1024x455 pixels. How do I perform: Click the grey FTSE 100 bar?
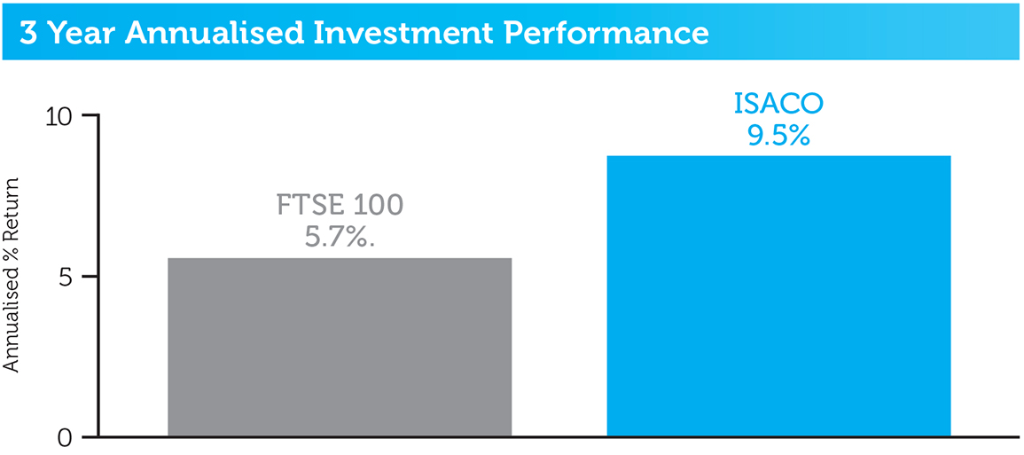340,347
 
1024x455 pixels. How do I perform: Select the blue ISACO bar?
778,296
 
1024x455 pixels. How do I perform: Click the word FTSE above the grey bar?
309,206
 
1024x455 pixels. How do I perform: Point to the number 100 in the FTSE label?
378,206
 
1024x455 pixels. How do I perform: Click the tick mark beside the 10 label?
90,115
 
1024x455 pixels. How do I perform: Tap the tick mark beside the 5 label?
90,277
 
